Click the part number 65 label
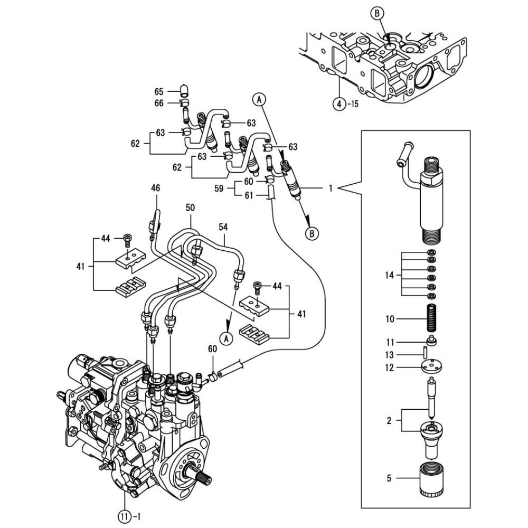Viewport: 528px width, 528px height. click(159, 91)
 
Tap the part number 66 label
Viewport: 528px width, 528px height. click(159, 103)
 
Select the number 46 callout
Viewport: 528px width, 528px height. click(155, 187)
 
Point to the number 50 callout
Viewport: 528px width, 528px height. click(190, 208)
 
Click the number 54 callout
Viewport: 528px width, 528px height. click(223, 227)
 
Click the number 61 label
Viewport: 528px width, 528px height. click(249, 195)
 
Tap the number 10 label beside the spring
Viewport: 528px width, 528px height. click(390, 319)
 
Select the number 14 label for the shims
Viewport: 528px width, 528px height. click(390, 275)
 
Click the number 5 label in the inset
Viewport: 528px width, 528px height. click(390, 479)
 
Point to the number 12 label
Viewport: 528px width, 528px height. click(390, 367)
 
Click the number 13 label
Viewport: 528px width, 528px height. click(390, 355)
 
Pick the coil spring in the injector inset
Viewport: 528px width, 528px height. click(432, 318)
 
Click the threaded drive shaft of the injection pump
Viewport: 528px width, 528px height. click(203, 476)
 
